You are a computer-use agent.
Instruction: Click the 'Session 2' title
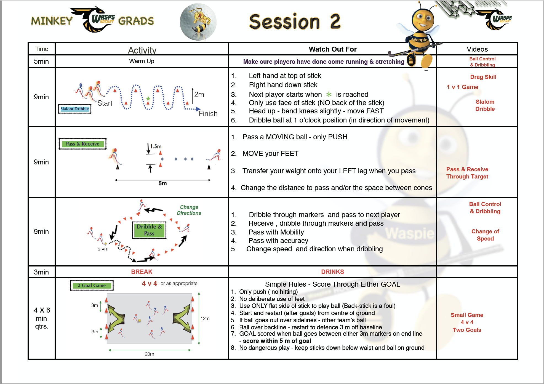295,22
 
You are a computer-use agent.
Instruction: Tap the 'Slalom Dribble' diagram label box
75,109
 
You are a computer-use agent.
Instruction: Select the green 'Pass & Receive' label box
82,144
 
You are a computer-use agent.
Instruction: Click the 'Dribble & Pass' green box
149,230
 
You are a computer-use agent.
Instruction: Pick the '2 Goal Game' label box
92,285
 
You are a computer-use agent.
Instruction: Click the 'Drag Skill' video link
483,77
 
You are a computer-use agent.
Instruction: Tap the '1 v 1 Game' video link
463,87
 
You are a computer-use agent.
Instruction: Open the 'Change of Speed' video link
485,235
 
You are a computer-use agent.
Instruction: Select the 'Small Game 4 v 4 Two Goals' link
467,322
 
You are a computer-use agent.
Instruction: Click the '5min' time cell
41,61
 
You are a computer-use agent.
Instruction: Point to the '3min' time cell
41,272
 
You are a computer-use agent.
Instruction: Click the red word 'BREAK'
142,272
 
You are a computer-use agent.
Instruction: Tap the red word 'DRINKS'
332,272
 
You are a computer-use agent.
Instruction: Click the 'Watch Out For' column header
333,49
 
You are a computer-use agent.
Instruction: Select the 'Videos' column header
477,49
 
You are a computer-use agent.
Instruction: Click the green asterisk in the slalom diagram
148,98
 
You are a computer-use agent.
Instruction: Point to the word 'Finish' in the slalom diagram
208,114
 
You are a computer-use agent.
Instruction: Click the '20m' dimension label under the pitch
150,354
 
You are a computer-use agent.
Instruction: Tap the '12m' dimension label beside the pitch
205,318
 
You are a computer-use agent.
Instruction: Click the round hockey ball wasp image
198,22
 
